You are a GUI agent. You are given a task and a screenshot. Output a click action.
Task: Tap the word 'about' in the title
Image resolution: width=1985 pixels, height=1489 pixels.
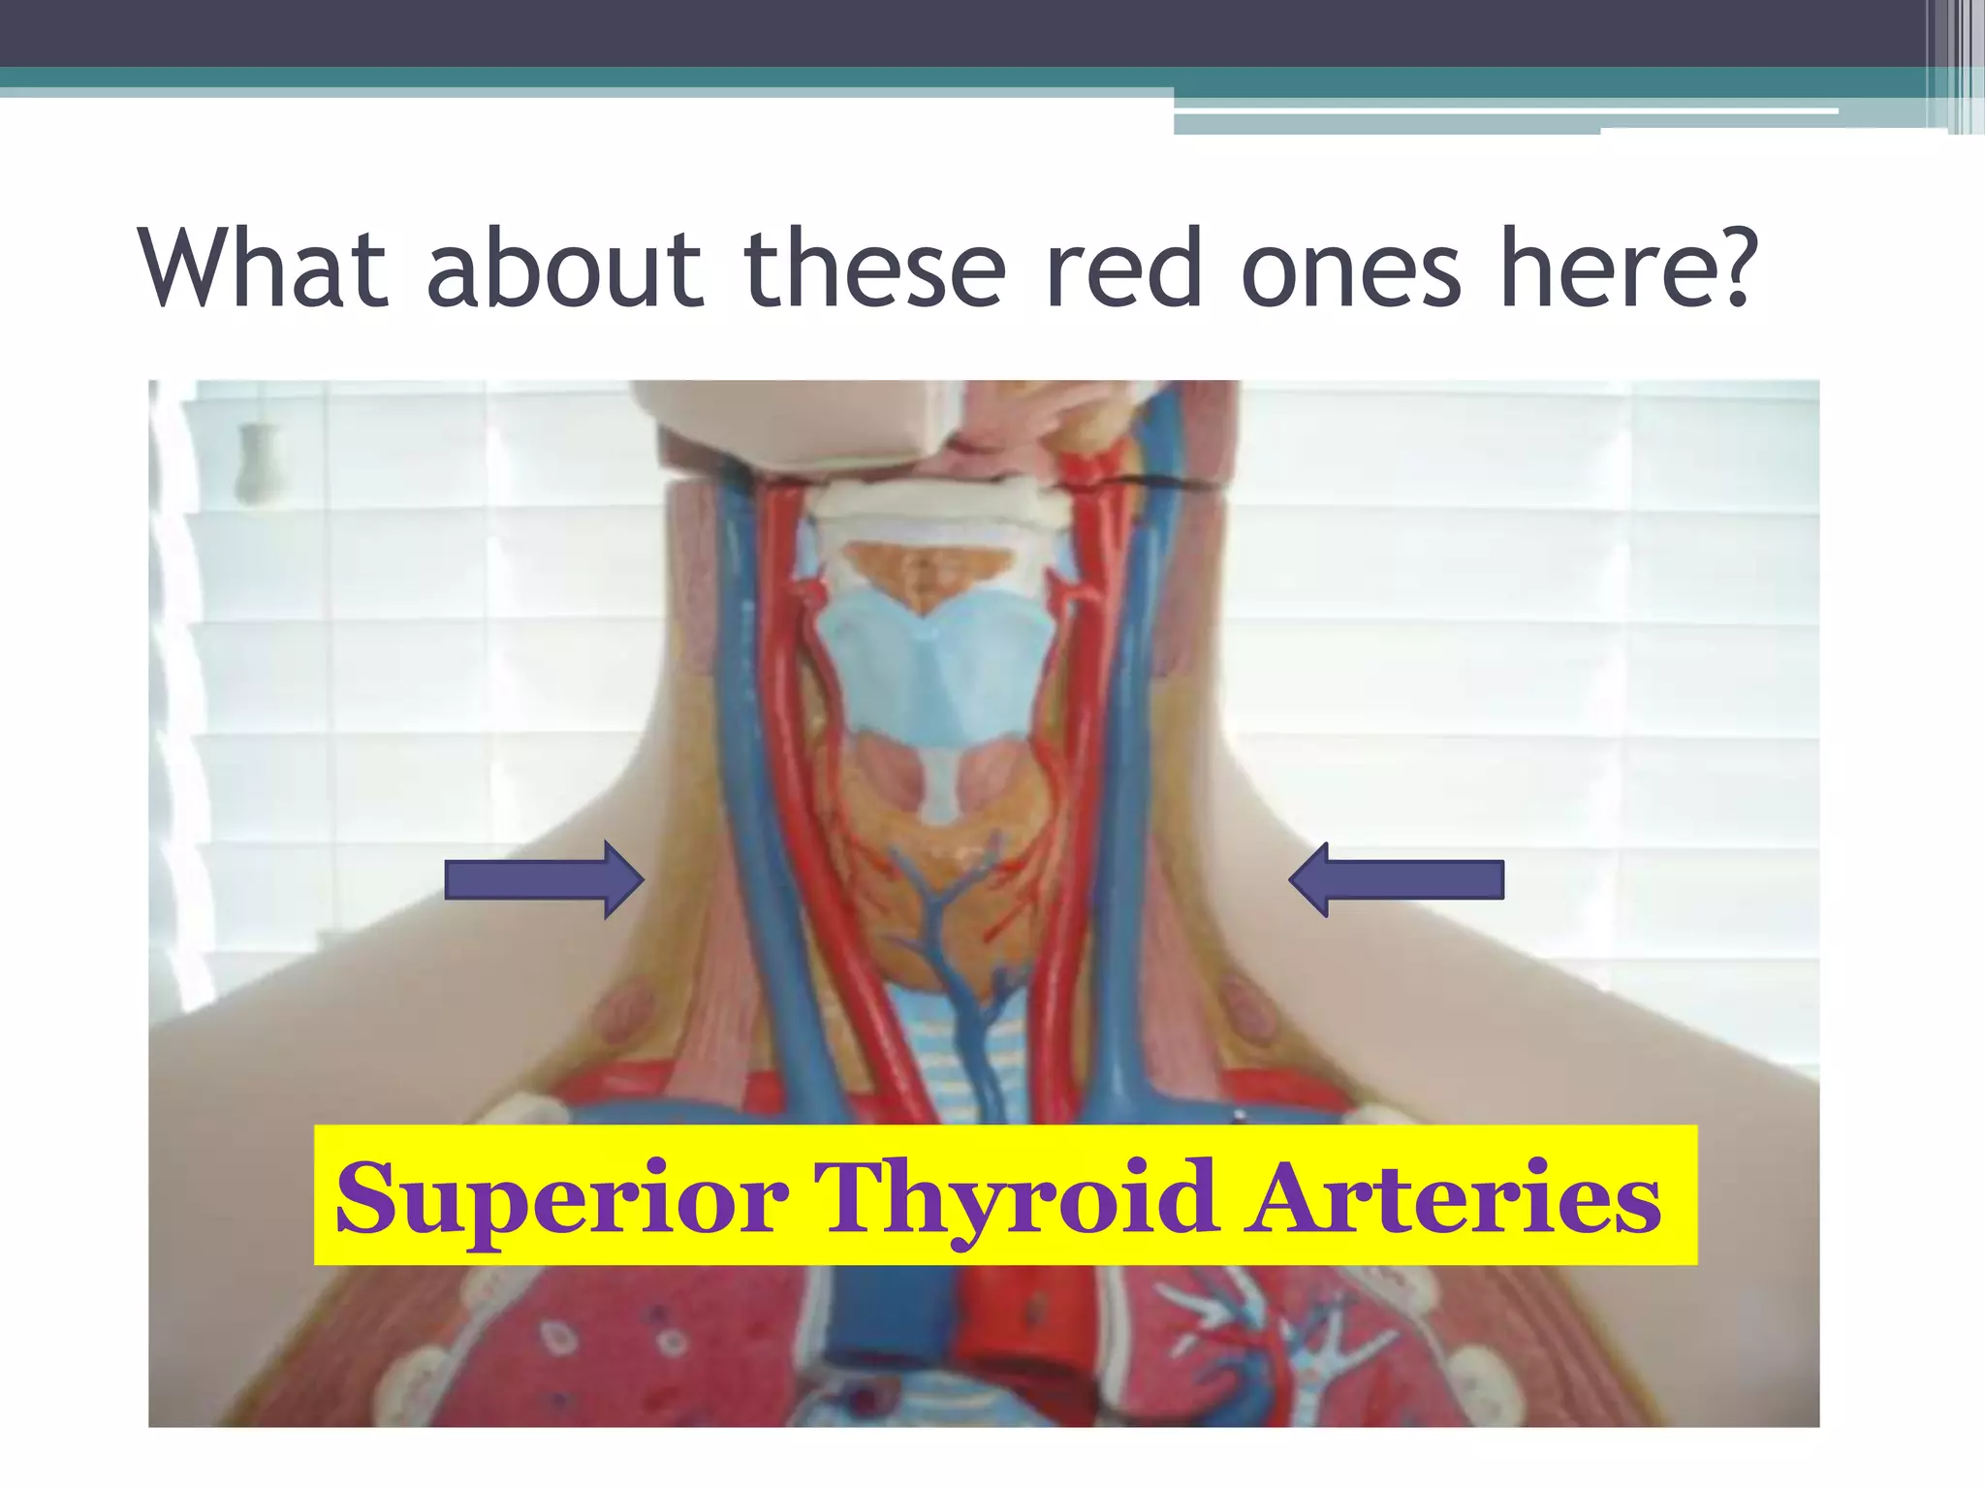564,269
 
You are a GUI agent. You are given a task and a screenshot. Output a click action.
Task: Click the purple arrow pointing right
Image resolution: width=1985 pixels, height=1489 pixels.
544,879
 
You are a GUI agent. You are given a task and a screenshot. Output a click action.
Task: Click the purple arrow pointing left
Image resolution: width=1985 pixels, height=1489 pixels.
1397,879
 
